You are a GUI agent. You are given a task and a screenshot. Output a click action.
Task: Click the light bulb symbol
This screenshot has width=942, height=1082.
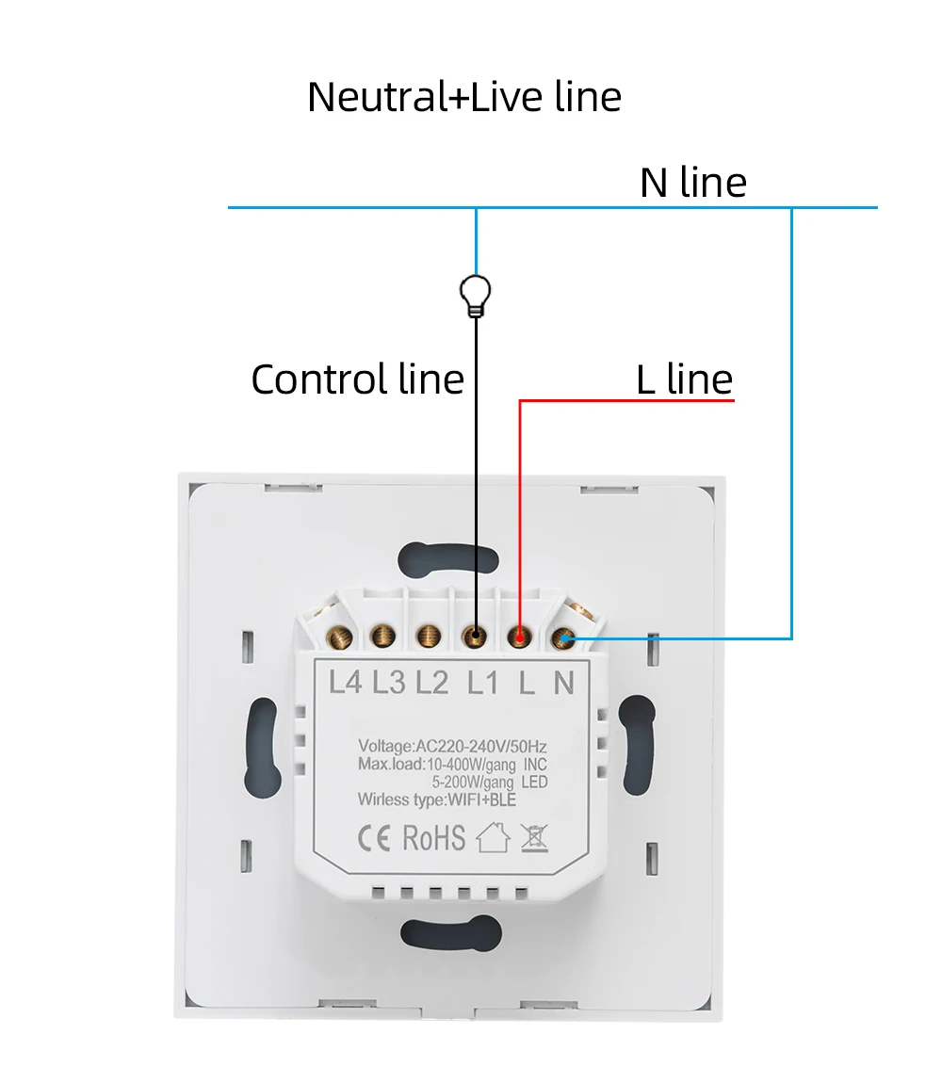[476, 296]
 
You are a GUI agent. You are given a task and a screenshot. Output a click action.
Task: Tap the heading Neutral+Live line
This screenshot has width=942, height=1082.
[464, 98]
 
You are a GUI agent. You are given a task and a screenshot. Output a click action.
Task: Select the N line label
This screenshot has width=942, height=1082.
[693, 182]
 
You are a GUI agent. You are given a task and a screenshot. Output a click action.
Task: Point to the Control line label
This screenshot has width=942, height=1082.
[358, 380]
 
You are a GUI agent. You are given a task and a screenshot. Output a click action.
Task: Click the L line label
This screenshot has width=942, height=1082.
[685, 380]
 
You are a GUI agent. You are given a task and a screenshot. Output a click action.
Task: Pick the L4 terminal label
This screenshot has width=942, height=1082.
[346, 682]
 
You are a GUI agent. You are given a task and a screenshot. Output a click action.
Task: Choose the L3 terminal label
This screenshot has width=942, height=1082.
[389, 682]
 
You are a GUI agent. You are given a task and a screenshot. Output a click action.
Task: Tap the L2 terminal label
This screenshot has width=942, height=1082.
[432, 682]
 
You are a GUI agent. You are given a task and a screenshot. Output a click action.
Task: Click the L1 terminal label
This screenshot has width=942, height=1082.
[482, 682]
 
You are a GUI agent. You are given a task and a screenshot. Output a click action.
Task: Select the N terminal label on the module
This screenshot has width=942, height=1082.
[563, 682]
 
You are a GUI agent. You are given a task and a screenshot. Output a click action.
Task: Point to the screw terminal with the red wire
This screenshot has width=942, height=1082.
[519, 638]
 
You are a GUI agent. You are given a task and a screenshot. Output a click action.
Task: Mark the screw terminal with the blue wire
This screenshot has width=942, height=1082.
[564, 639]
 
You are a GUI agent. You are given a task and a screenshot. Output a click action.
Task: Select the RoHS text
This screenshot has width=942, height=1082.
[434, 836]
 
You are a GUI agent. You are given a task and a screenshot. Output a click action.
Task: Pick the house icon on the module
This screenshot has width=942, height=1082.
[493, 836]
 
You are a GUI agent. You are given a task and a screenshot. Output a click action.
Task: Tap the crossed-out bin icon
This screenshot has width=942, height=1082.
[534, 836]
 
